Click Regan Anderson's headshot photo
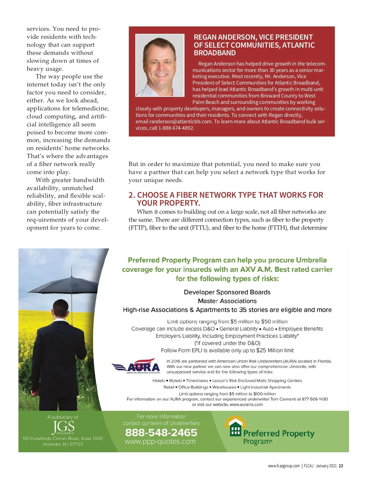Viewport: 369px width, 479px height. pos(160,65)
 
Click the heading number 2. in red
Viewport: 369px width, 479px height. pos(132,195)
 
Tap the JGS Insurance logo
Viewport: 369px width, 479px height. pos(63,427)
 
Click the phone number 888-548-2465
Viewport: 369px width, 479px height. pos(161,433)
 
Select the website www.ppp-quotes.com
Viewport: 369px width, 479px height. pos(160,441)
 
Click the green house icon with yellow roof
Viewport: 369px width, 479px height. pos(236,427)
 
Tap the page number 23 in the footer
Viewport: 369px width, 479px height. pos(341,466)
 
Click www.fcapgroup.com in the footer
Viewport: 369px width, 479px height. pos(284,466)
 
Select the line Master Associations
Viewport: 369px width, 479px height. pos(227,301)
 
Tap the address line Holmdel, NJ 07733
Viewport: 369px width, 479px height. pos(63,444)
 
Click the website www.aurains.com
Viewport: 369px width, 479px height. pos(246,405)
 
